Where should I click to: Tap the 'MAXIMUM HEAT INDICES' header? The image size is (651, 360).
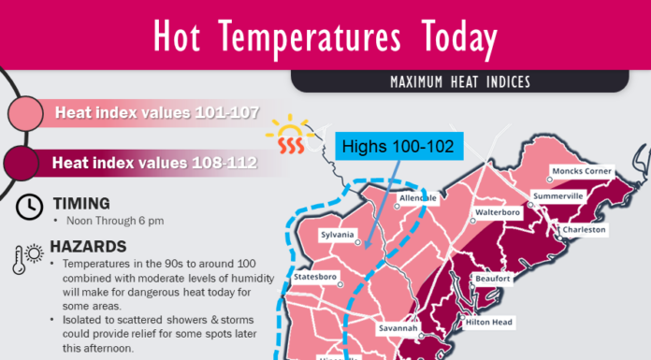459,82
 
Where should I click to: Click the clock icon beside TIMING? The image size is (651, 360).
29,205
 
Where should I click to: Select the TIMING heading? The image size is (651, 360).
81,203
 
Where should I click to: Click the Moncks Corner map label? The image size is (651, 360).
581,172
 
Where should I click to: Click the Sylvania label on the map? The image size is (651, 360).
338,235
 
